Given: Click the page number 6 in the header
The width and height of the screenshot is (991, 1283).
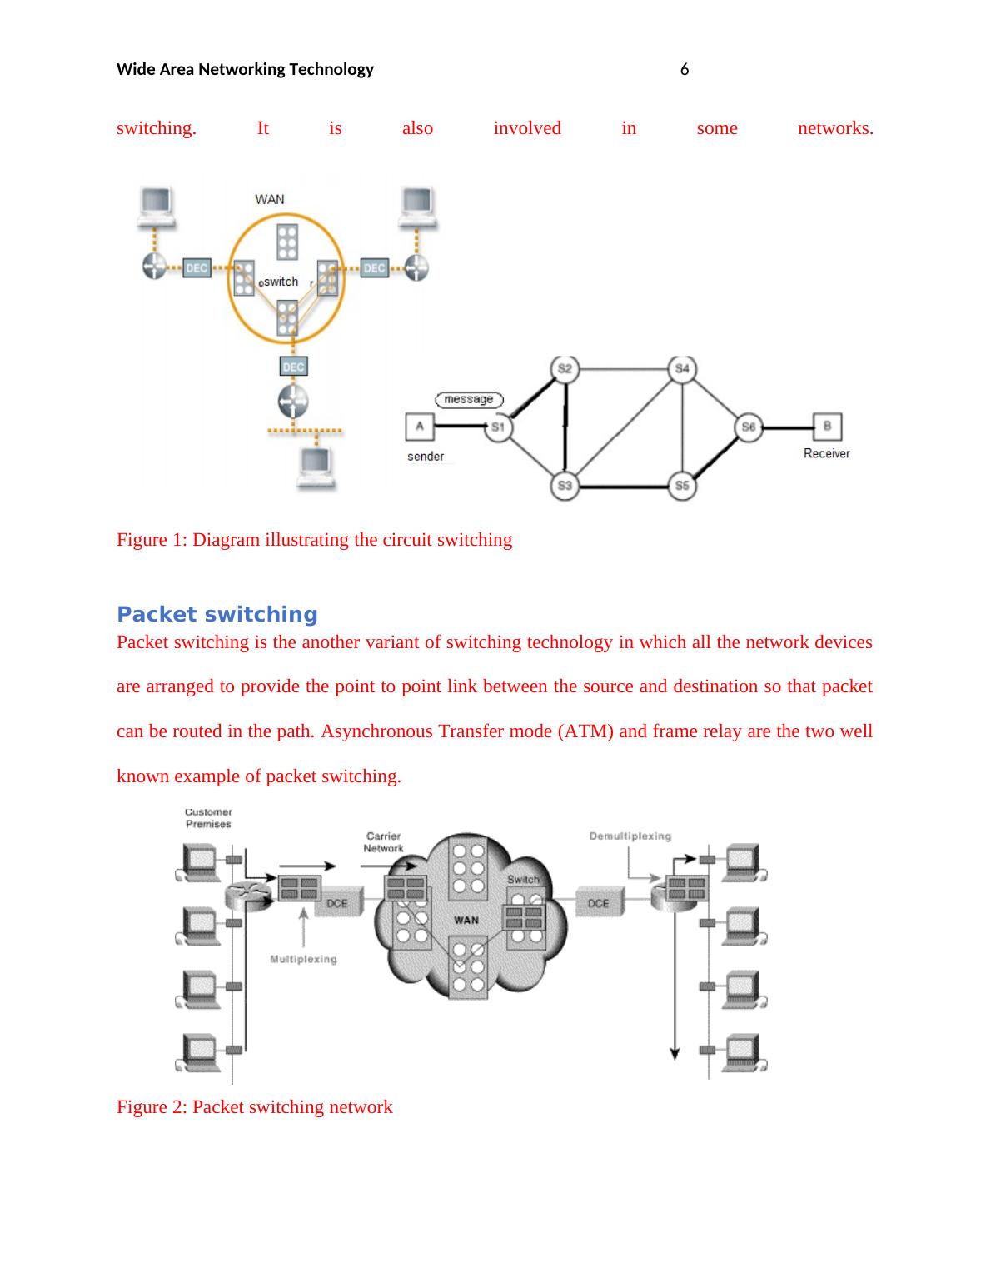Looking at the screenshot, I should tap(685, 70).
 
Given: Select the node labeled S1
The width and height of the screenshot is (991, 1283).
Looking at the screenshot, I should tap(498, 427).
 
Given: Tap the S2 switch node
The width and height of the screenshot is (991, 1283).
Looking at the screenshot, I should tap(565, 369).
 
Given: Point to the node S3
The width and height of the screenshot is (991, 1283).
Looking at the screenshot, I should tap(565, 486).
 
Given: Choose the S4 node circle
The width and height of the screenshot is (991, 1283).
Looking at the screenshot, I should tap(682, 369).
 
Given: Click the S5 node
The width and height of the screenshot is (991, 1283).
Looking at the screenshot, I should tap(682, 486).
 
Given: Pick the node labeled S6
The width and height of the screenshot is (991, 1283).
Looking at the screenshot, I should tap(748, 427).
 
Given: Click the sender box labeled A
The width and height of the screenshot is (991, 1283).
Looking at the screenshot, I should tap(419, 427).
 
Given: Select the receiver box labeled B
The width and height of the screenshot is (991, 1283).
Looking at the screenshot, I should tap(827, 427).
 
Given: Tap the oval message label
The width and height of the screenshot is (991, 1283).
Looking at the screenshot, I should tap(469, 400).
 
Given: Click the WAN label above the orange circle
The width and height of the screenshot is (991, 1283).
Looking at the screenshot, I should tap(269, 199).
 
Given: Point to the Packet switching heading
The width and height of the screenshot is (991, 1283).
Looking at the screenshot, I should tap(217, 615).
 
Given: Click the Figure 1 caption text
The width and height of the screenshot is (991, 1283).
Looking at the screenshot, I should tap(314, 540).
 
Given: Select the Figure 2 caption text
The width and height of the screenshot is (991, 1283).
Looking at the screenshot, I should tap(254, 1107).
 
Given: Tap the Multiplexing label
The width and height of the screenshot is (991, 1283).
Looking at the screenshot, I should tap(303, 960).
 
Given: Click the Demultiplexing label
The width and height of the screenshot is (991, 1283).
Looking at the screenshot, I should tap(630, 836).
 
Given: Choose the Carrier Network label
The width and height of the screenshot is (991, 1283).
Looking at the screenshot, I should tap(383, 842).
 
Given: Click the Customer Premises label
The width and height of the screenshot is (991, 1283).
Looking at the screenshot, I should tap(208, 818).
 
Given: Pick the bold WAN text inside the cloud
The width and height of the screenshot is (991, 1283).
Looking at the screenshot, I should tap(466, 920).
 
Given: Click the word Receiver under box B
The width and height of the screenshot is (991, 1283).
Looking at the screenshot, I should tap(826, 454).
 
